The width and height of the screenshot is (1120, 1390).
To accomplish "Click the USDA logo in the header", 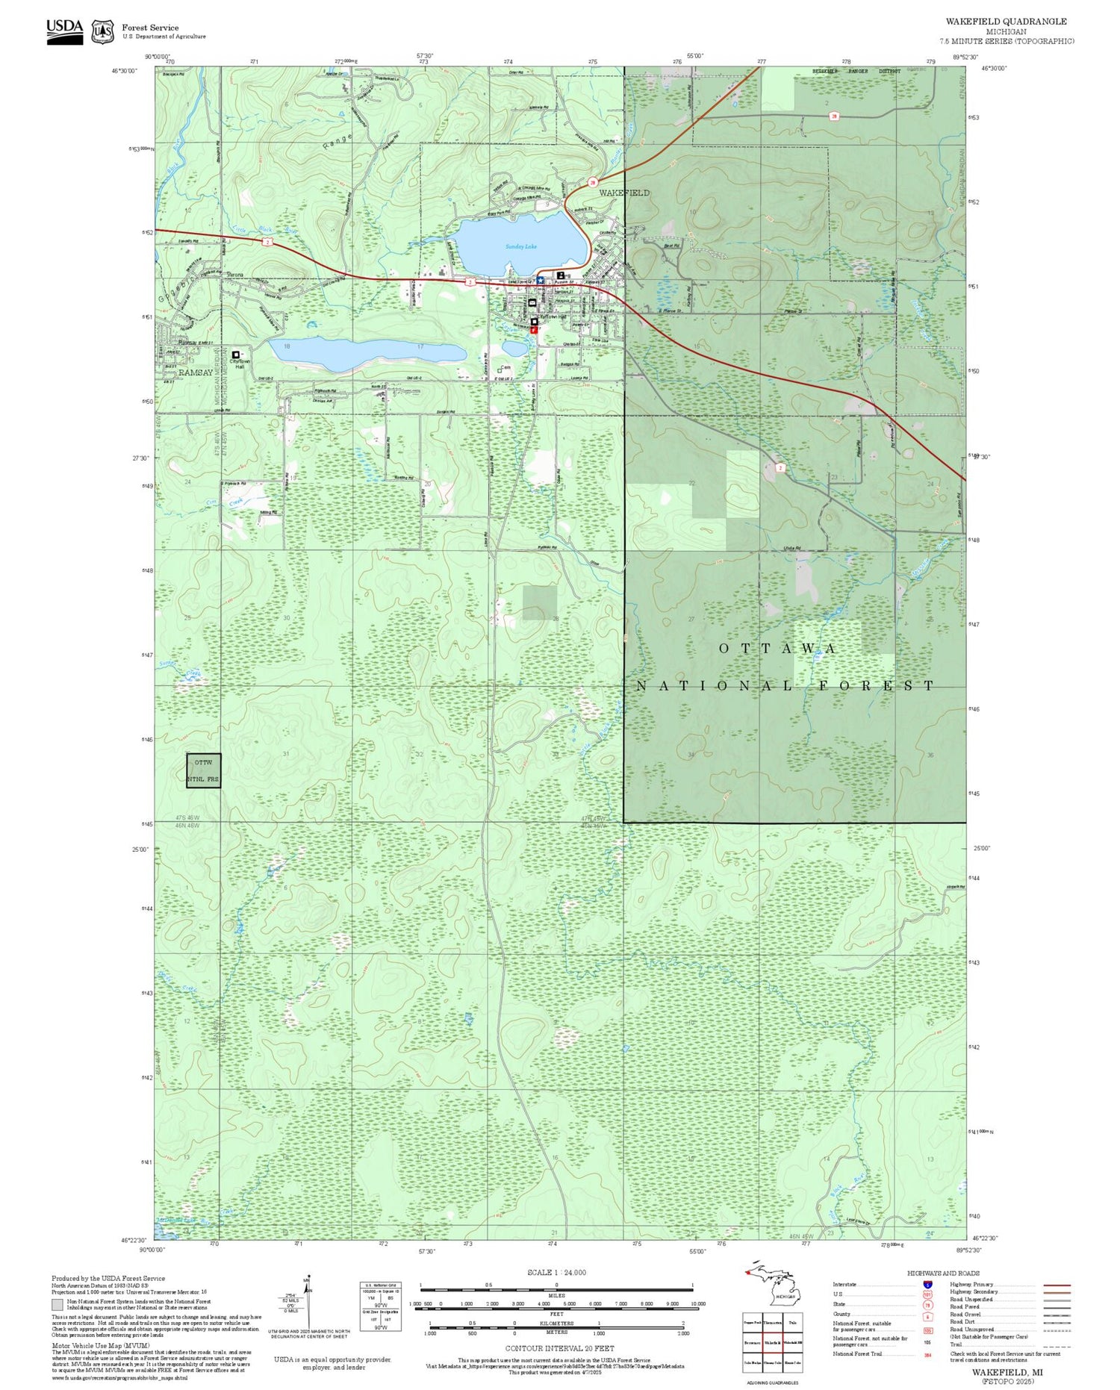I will (64, 31).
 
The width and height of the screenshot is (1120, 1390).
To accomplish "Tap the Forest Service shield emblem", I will (102, 32).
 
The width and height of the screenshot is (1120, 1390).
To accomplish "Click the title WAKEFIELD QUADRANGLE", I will (1006, 22).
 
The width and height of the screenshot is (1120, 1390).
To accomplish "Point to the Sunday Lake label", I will (520, 246).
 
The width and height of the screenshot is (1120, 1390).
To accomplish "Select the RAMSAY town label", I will (196, 373).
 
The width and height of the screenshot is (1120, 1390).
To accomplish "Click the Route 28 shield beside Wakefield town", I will (593, 182).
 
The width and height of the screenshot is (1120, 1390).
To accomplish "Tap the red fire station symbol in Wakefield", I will (534, 329).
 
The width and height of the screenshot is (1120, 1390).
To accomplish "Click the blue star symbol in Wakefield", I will (540, 280).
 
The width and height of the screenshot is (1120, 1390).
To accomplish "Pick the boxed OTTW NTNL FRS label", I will (204, 770).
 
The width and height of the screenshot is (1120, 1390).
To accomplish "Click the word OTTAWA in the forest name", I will (777, 649).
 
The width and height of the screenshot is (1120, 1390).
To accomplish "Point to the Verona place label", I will (236, 275).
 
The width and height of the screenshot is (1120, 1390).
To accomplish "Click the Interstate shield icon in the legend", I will (927, 1284).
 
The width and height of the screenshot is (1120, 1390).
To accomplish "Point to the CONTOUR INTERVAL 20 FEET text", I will (559, 1348).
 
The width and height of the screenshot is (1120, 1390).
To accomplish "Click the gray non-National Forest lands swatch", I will (57, 1305).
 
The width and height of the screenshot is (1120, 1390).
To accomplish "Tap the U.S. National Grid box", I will (380, 1306).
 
